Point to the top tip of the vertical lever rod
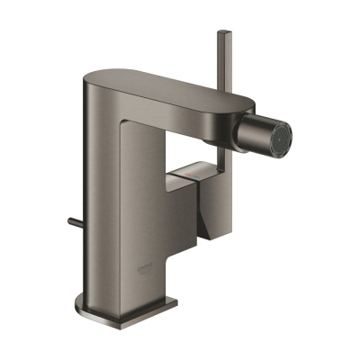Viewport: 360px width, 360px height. click(x=221, y=33)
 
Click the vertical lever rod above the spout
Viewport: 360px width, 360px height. click(x=221, y=63)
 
